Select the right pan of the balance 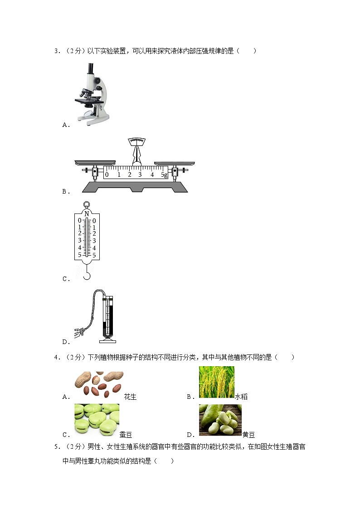point(174,163)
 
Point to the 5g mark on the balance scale point(164,175)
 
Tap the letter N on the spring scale point(87,213)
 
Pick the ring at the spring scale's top point(86,204)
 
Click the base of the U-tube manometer point(108,340)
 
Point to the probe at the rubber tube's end point(79,332)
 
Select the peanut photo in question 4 point(99,385)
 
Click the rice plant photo point(217,382)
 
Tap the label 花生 point(130,397)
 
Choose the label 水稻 point(241,397)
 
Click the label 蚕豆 point(126,435)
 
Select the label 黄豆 point(248,435)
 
